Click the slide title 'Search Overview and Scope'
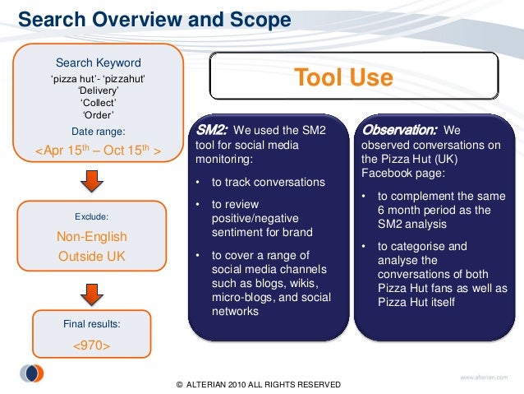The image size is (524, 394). tap(154, 18)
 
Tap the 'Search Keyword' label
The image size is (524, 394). tap(98, 63)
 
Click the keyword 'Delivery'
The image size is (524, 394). tap(98, 90)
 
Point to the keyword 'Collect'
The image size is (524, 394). tap(98, 103)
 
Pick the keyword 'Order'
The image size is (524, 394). tap(98, 115)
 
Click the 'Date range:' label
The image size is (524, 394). tap(98, 131)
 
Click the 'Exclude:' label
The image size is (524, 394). tap(91, 217)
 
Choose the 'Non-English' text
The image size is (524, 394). tap(91, 237)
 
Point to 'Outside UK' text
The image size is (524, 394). tap(91, 256)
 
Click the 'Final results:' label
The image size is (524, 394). tap(91, 324)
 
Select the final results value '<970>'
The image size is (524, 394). tap(91, 345)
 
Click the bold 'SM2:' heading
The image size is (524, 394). tap(210, 130)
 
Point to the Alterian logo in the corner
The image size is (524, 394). tap(31, 373)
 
